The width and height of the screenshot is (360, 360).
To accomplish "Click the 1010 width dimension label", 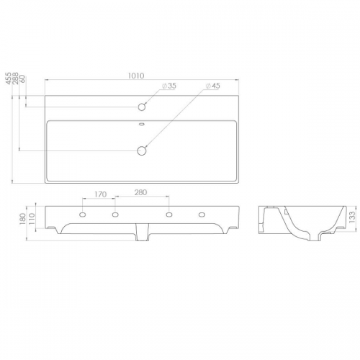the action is [x=136, y=76].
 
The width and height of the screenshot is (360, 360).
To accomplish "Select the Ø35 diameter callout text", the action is [x=169, y=86].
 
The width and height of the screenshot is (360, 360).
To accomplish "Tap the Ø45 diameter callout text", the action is [x=212, y=86].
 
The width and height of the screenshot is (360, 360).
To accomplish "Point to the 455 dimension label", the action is [x=9, y=78].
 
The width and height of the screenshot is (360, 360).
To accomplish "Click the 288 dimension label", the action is [x=15, y=78].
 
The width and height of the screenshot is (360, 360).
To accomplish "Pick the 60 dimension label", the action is [x=22, y=78].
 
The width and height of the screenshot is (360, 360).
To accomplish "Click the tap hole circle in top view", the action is [x=142, y=107].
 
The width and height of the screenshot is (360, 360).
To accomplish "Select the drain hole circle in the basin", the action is [x=142, y=150].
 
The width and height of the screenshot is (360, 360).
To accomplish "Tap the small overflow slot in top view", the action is [x=142, y=124].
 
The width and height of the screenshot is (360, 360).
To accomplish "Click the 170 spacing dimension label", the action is [x=100, y=194].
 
